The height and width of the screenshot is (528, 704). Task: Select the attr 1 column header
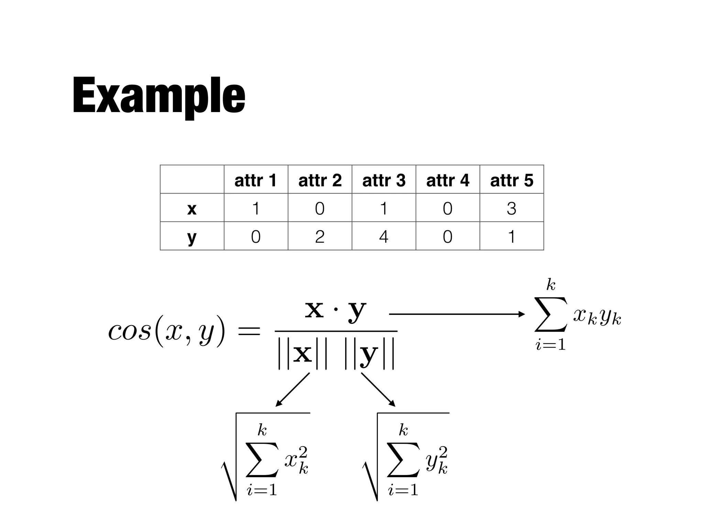tap(255, 180)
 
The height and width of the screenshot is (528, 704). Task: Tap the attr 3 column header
tap(384, 180)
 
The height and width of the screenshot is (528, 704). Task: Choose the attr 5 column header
tap(511, 180)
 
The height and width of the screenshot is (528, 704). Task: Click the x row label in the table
tap(192, 209)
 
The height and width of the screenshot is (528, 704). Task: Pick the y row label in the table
tap(192, 237)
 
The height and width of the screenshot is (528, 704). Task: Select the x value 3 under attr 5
tap(511, 209)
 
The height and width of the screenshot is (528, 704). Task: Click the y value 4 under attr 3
tap(384, 237)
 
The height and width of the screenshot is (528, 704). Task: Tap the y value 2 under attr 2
tap(320, 237)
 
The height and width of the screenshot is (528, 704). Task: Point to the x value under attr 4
tap(448, 209)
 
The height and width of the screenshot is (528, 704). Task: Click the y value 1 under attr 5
tap(511, 237)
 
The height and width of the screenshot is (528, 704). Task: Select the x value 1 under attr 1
tap(255, 209)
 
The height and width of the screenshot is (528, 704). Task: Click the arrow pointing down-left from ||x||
tap(293, 390)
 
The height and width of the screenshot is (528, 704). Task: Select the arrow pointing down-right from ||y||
tap(378, 390)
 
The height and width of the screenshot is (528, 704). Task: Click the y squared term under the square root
tap(437, 461)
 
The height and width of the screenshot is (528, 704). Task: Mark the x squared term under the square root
tap(296, 461)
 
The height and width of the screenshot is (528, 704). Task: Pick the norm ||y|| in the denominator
tap(369, 354)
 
